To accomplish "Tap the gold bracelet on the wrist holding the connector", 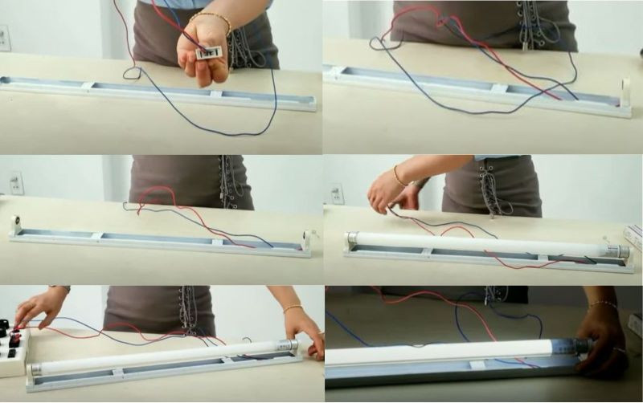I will (x=210, y=16).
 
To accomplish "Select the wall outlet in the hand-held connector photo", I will (x=4, y=37).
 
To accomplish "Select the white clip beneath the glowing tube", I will (x=477, y=366).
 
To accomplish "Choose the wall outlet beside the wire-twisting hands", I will (x=335, y=193).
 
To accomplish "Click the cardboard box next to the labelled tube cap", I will (x=634, y=238).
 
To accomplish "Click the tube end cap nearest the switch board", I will (x=35, y=368).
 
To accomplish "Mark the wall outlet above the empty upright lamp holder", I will (x=16, y=183).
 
